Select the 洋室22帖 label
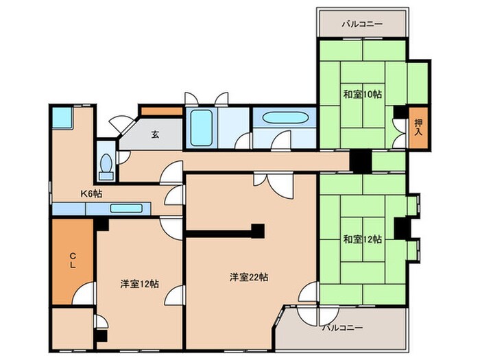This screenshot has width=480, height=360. click(x=248, y=278)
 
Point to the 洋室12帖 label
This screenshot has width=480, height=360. click(x=140, y=285)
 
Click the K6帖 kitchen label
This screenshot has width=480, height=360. click(x=91, y=194)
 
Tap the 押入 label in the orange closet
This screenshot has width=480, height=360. click(x=418, y=128)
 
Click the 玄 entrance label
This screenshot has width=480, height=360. click(x=155, y=134)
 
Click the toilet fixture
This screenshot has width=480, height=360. click(x=106, y=163)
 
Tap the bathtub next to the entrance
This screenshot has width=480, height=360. click(x=202, y=128)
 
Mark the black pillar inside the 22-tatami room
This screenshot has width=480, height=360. click(x=258, y=230)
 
